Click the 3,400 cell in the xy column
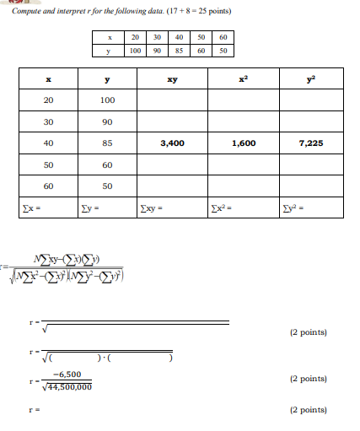pos(172,143)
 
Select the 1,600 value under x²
pos(243,143)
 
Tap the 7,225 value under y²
pos(311,143)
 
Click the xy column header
pos(172,80)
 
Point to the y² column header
pos(311,80)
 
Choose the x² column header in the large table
pos(243,80)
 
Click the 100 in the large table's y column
pos(107,101)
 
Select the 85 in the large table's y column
pos(107,143)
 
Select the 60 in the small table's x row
pos(223,38)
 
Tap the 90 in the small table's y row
pos(158,51)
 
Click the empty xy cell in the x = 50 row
pos(172,164)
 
